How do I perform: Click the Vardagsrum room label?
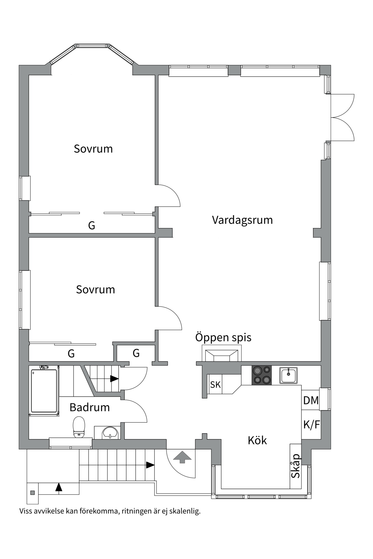pyautogui.click(x=242, y=220)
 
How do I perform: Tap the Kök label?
pyautogui.click(x=257, y=441)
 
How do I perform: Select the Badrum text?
pyautogui.click(x=89, y=407)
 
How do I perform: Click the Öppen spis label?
pyautogui.click(x=223, y=337)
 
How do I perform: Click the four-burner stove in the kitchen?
pyautogui.click(x=261, y=375)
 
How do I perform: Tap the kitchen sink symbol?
pyautogui.click(x=288, y=375)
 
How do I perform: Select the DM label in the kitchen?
pyautogui.click(x=311, y=401)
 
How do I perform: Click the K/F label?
pyautogui.click(x=311, y=425)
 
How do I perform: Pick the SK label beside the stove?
pyautogui.click(x=215, y=385)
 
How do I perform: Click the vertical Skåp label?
pyautogui.click(x=295, y=466)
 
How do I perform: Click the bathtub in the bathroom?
pyautogui.click(x=44, y=391)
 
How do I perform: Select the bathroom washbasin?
pyautogui.click(x=110, y=433)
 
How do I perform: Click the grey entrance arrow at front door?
pyautogui.click(x=182, y=457)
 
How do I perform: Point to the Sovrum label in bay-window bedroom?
pyautogui.click(x=93, y=149)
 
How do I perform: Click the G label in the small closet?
pyautogui.click(x=136, y=353)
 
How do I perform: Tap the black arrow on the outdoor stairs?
pyautogui.click(x=150, y=465)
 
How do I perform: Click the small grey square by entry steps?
pyautogui.click(x=33, y=493)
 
